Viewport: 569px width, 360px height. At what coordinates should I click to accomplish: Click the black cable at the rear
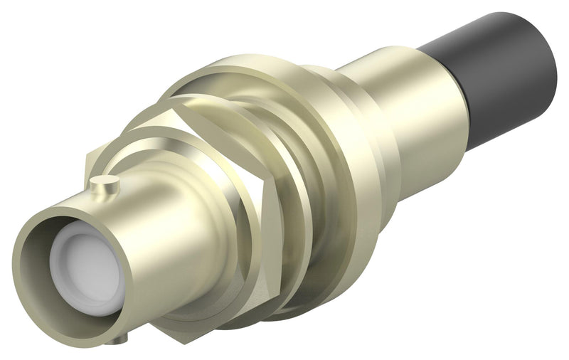coord(491,78)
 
